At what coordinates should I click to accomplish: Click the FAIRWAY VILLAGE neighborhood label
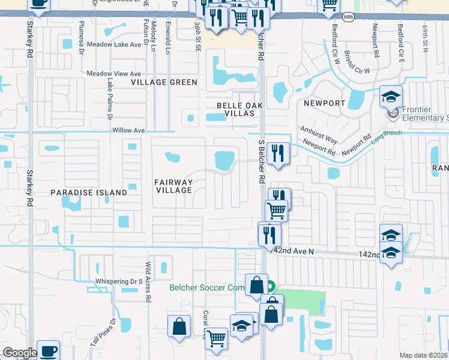(173, 186)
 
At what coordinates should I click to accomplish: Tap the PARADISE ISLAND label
(88, 193)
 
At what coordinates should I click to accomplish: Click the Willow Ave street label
(128, 130)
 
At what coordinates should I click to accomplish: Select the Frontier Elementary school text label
(426, 114)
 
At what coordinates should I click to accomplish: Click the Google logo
(20, 353)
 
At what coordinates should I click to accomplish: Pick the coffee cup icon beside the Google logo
(48, 350)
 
